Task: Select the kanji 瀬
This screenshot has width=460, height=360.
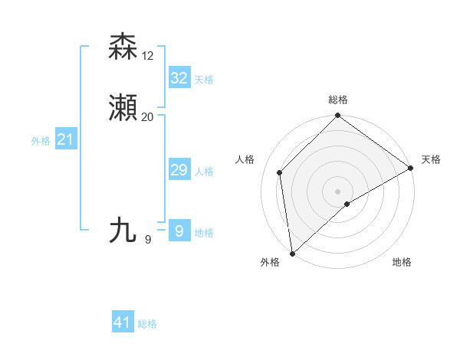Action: pos(123,109)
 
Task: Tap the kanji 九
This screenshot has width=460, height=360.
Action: pos(123,230)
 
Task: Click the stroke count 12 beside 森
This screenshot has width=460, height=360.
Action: pos(147,56)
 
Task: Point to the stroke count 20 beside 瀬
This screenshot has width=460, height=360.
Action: pos(147,117)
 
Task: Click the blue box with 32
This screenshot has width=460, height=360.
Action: pos(179,78)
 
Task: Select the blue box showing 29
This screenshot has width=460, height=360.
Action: pos(179,170)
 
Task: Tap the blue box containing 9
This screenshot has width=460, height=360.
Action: pos(179,231)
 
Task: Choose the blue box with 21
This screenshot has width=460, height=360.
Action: pos(65,139)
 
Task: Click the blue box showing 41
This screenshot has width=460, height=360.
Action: pos(123,322)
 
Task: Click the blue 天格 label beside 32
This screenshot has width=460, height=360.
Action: pos(204,80)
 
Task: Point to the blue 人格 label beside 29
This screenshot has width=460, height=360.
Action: pos(204,172)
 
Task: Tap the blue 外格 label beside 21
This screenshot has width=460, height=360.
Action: pos(41,141)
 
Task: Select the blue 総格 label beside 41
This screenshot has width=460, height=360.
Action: pos(147,324)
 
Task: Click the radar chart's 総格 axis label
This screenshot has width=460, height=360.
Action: pos(337,100)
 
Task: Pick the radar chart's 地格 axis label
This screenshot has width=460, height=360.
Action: pos(402,262)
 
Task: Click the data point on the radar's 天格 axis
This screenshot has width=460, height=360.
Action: pos(411,168)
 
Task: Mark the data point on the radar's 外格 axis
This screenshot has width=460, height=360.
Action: pos(292,253)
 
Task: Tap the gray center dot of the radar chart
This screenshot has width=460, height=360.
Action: pos(337,191)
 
